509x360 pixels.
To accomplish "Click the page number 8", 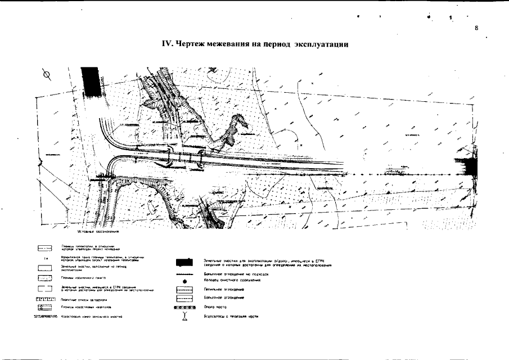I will pyautogui.click(x=476, y=28).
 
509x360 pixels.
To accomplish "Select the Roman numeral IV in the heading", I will pyautogui.click(x=166, y=44).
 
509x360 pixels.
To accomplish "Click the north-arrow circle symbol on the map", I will pyautogui.click(x=47, y=74).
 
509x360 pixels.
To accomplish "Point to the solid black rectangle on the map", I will pyautogui.click(x=89, y=84).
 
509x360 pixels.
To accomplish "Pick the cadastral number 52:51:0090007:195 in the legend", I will pyautogui.click(x=42, y=317).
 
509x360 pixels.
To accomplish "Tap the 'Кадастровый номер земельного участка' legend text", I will pyautogui.click(x=92, y=317).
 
